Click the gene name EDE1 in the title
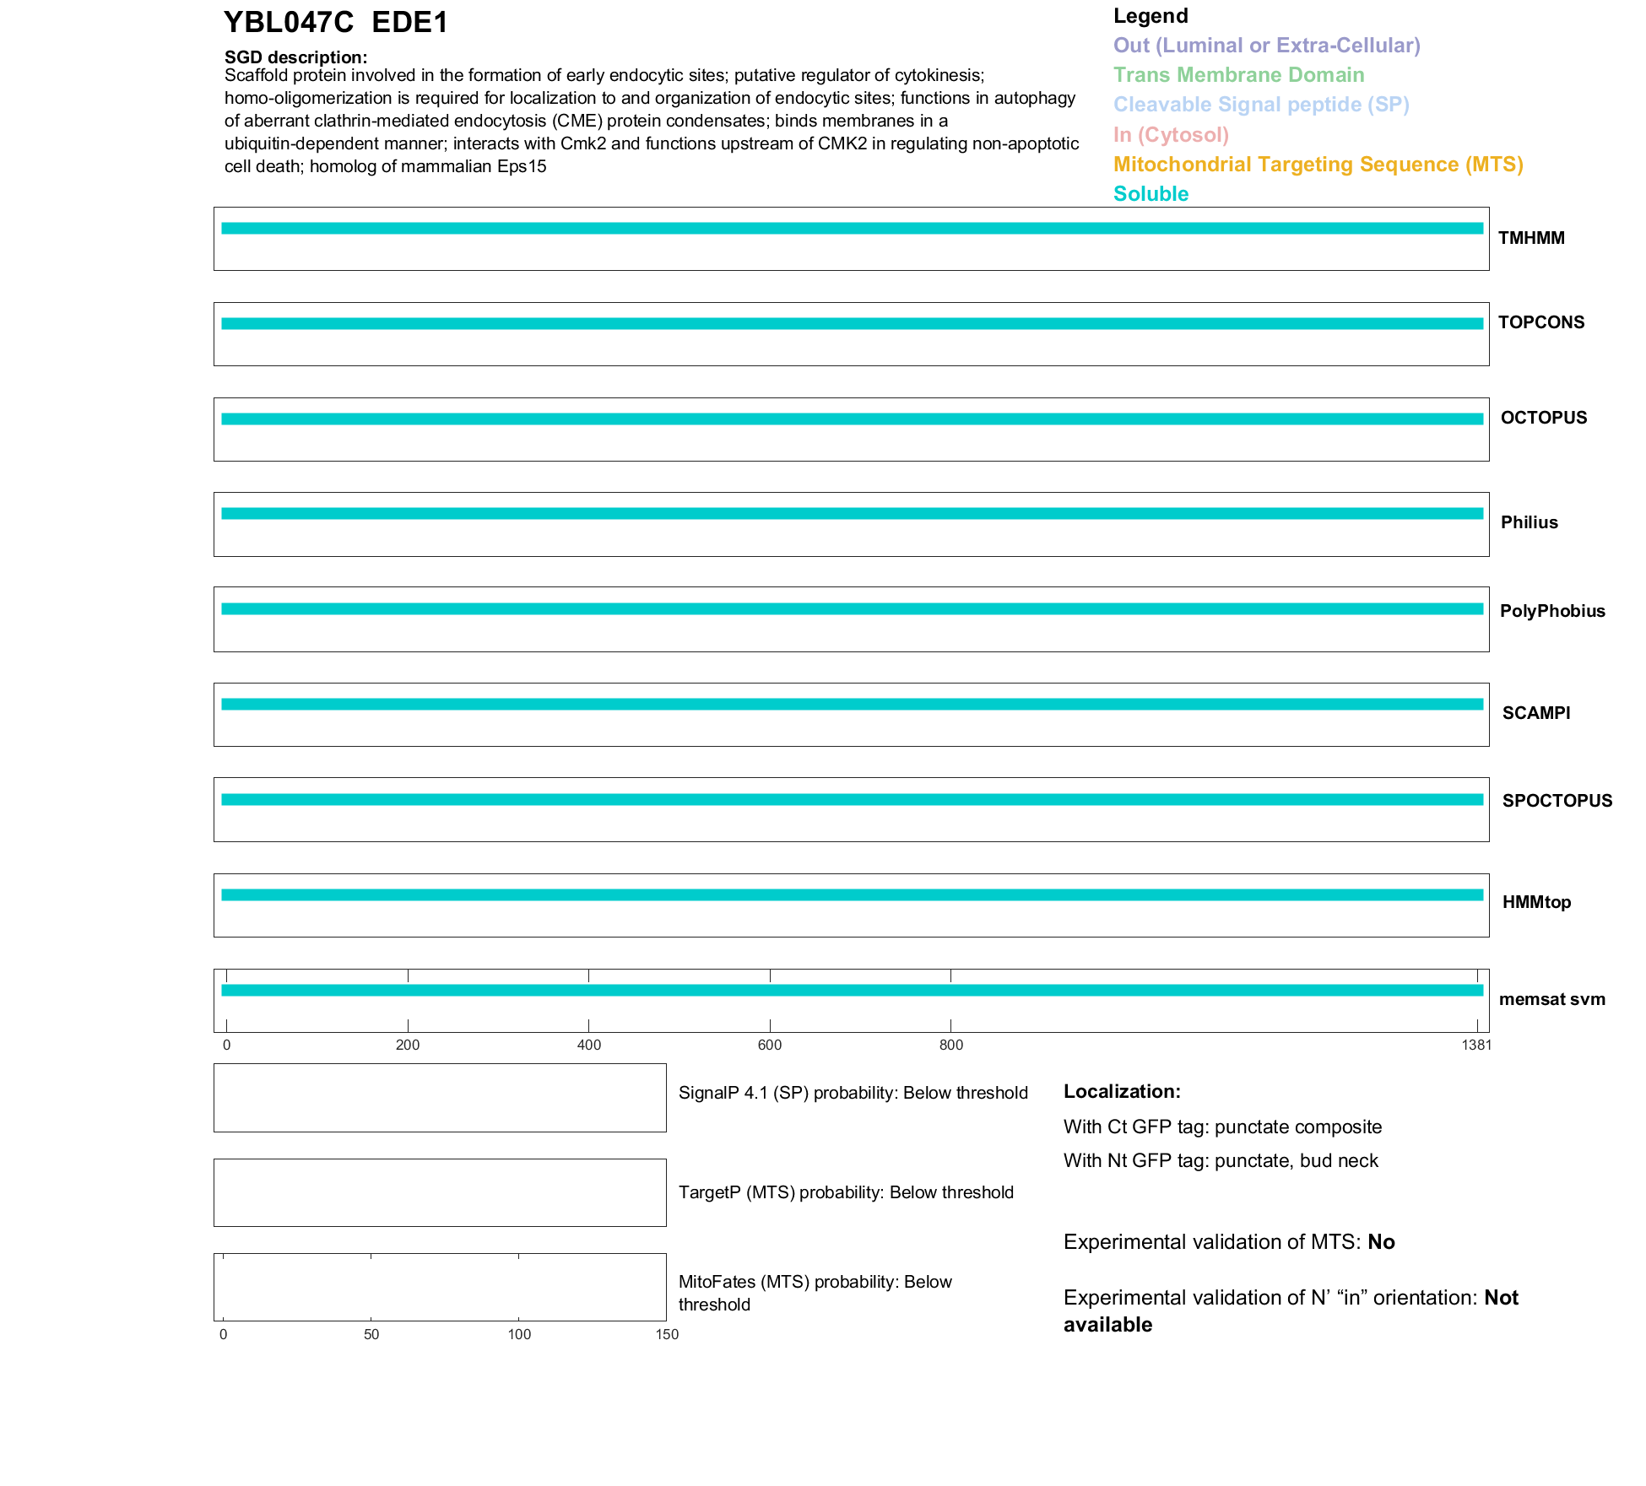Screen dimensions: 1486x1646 (409, 23)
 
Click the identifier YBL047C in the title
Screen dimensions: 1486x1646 (288, 23)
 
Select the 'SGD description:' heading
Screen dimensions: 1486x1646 (295, 57)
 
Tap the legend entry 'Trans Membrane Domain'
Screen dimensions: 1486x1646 (1238, 75)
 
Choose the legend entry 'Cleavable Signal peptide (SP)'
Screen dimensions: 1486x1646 (1261, 105)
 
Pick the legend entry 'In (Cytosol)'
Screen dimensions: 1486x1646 (1171, 135)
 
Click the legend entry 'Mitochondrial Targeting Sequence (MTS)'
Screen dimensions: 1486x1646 (1318, 165)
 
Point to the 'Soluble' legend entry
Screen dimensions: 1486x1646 (1151, 194)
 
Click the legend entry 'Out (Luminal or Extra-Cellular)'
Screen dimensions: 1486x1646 (1266, 46)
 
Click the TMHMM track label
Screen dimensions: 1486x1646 (1531, 238)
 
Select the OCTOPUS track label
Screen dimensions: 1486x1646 (1543, 418)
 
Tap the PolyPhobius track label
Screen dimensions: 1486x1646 (1551, 611)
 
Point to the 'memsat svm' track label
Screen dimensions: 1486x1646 (1551, 999)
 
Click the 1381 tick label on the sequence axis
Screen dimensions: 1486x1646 (1476, 1046)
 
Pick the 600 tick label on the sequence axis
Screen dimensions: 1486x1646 (770, 1046)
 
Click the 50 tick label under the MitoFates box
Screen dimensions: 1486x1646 (371, 1335)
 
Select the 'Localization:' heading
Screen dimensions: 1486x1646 (1122, 1092)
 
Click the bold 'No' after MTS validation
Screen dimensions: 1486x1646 (1381, 1242)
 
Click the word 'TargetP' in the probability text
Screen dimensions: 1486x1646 (709, 1192)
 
